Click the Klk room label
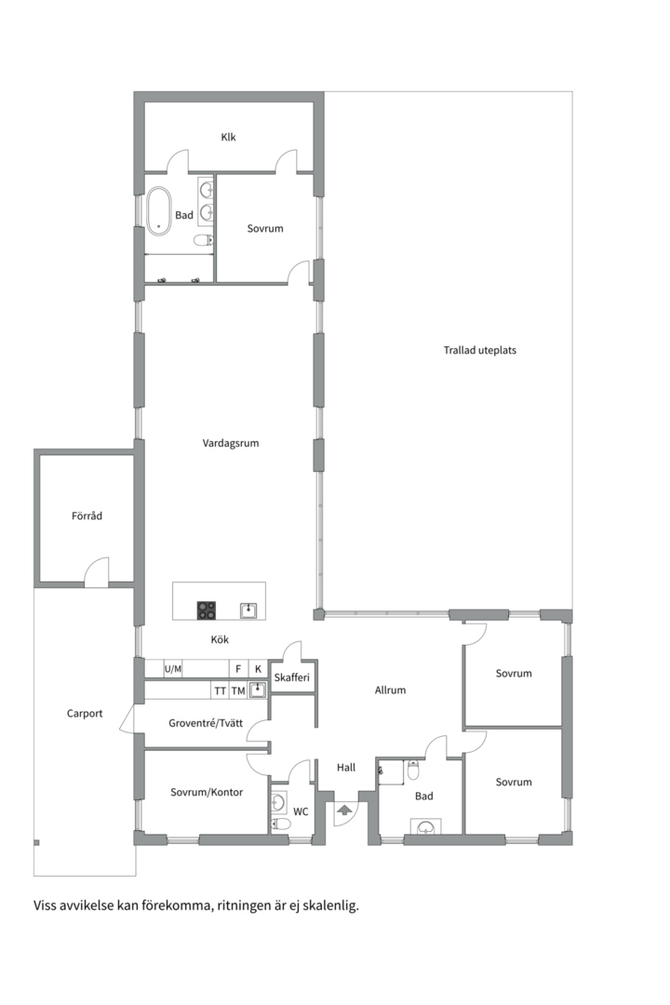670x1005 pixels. tap(228, 137)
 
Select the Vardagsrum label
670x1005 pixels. tap(231, 443)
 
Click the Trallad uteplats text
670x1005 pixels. tap(479, 350)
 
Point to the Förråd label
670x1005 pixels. tap(87, 516)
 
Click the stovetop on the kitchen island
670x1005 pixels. tap(207, 610)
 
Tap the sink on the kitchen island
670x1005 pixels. tap(248, 610)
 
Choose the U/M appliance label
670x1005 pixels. tap(173, 669)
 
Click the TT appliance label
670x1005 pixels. tap(220, 690)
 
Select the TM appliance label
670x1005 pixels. tap(238, 690)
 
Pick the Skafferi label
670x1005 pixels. tap(291, 677)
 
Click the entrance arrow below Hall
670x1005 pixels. tap(343, 811)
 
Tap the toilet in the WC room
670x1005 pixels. tap(280, 824)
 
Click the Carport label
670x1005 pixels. tap(85, 714)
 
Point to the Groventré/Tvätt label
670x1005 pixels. tap(206, 723)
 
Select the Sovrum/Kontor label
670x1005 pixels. tap(207, 792)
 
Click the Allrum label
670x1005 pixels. tap(391, 690)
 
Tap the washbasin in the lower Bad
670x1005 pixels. tap(426, 827)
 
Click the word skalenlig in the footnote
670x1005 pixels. tap(331, 906)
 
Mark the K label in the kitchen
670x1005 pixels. tap(259, 669)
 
